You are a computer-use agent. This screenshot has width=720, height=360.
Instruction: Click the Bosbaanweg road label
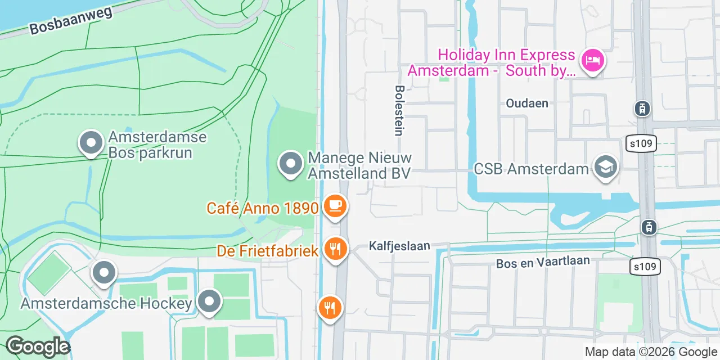pyautogui.click(x=71, y=21)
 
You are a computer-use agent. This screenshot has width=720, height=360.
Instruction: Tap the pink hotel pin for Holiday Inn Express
pyautogui.click(x=592, y=60)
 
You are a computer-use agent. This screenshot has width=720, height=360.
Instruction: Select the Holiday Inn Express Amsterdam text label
pyautogui.click(x=492, y=63)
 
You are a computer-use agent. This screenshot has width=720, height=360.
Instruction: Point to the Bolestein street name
pyautogui.click(x=399, y=110)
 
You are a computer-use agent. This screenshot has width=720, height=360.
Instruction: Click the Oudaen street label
pyautogui.click(x=527, y=103)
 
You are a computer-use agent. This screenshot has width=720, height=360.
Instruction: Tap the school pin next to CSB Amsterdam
pyautogui.click(x=607, y=167)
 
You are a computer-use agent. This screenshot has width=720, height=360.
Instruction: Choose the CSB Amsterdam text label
pyautogui.click(x=531, y=169)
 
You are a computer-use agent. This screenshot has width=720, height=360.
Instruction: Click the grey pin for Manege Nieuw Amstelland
pyautogui.click(x=291, y=164)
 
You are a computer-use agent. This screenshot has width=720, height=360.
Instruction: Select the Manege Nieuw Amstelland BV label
pyautogui.click(x=359, y=166)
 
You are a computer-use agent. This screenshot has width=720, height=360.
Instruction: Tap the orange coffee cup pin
pyautogui.click(x=335, y=206)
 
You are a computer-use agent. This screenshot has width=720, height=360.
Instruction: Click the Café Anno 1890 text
pyautogui.click(x=263, y=208)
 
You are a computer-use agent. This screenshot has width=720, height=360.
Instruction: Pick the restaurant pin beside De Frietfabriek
pyautogui.click(x=336, y=248)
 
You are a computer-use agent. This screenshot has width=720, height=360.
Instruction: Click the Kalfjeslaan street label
pyautogui.click(x=399, y=246)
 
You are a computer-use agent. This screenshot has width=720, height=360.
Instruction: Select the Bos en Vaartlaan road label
pyautogui.click(x=543, y=262)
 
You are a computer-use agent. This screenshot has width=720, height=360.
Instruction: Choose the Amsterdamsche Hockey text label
pyautogui.click(x=106, y=304)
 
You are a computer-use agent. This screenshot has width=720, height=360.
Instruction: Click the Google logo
pyautogui.click(x=38, y=346)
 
